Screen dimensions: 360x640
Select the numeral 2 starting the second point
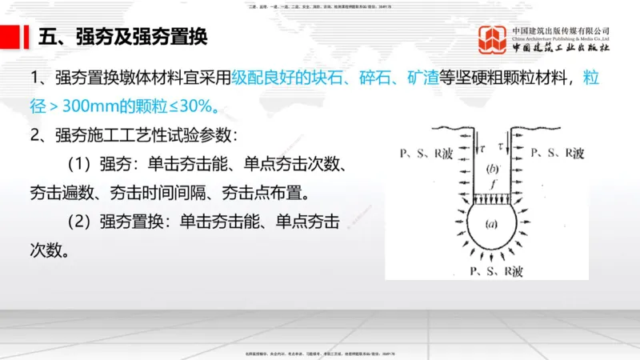click(35, 135)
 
